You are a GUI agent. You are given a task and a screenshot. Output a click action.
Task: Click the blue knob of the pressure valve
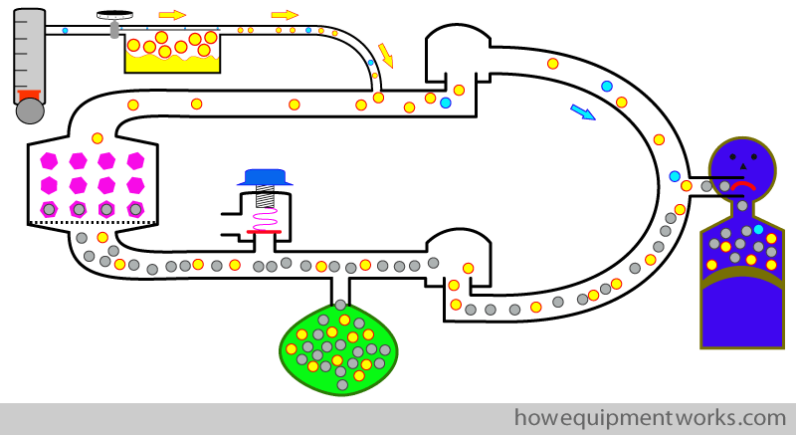click(x=265, y=177)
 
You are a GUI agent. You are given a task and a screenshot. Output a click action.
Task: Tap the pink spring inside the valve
click(x=265, y=219)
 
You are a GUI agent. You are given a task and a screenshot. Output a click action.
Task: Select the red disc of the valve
click(x=264, y=232)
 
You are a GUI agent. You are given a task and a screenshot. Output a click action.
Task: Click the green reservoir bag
click(x=338, y=350)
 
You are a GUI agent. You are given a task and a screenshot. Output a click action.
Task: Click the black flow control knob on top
click(x=115, y=15)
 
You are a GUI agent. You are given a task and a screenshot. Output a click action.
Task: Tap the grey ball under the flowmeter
click(x=30, y=110)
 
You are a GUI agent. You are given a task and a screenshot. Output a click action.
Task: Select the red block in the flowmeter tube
click(x=29, y=96)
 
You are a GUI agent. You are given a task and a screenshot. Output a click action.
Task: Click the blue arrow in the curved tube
click(x=583, y=112)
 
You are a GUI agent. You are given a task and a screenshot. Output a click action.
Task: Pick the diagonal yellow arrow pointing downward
click(x=386, y=56)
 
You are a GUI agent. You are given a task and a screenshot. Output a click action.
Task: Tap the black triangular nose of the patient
click(x=742, y=166)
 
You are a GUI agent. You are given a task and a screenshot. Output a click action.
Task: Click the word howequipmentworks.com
click(x=650, y=418)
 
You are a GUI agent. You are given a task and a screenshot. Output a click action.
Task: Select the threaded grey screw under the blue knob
click(x=265, y=196)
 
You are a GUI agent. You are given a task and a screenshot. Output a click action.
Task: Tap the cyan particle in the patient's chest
click(x=758, y=229)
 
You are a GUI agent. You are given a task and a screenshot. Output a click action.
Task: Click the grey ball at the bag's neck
click(x=340, y=305)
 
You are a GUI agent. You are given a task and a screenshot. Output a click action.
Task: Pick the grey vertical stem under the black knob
click(x=115, y=29)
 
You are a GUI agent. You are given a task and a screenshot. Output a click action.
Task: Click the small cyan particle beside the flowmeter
click(x=65, y=31)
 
